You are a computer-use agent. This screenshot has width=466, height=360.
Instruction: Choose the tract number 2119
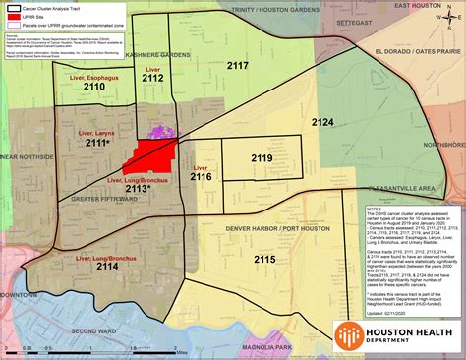coord(262,157)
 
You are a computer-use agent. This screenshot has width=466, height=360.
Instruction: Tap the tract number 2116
coord(201,177)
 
